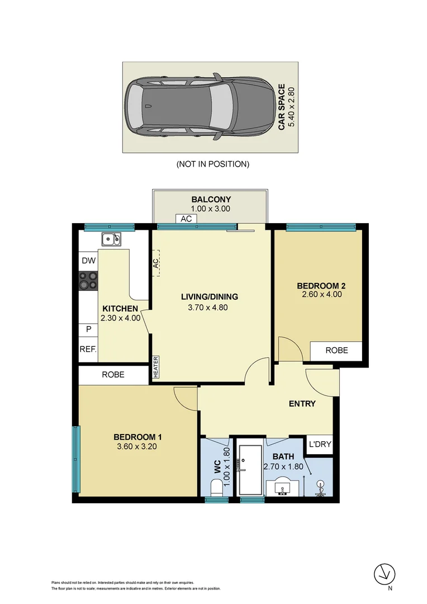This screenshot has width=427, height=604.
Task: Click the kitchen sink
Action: coord(111,240)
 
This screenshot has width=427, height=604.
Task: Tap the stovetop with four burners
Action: coord(88,280)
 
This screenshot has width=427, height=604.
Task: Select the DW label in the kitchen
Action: coord(88,261)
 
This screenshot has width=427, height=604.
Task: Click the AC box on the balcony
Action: coord(186,219)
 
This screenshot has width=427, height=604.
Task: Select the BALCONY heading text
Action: coord(211,199)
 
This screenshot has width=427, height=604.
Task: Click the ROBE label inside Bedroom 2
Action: coord(336,350)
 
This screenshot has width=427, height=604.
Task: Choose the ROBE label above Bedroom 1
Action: coord(113,375)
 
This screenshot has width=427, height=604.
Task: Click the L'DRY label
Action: coord(320,445)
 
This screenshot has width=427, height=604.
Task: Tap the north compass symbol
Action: coord(384,573)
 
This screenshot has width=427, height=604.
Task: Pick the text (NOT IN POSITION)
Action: coord(212,164)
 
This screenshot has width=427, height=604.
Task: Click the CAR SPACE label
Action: coord(282,107)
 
